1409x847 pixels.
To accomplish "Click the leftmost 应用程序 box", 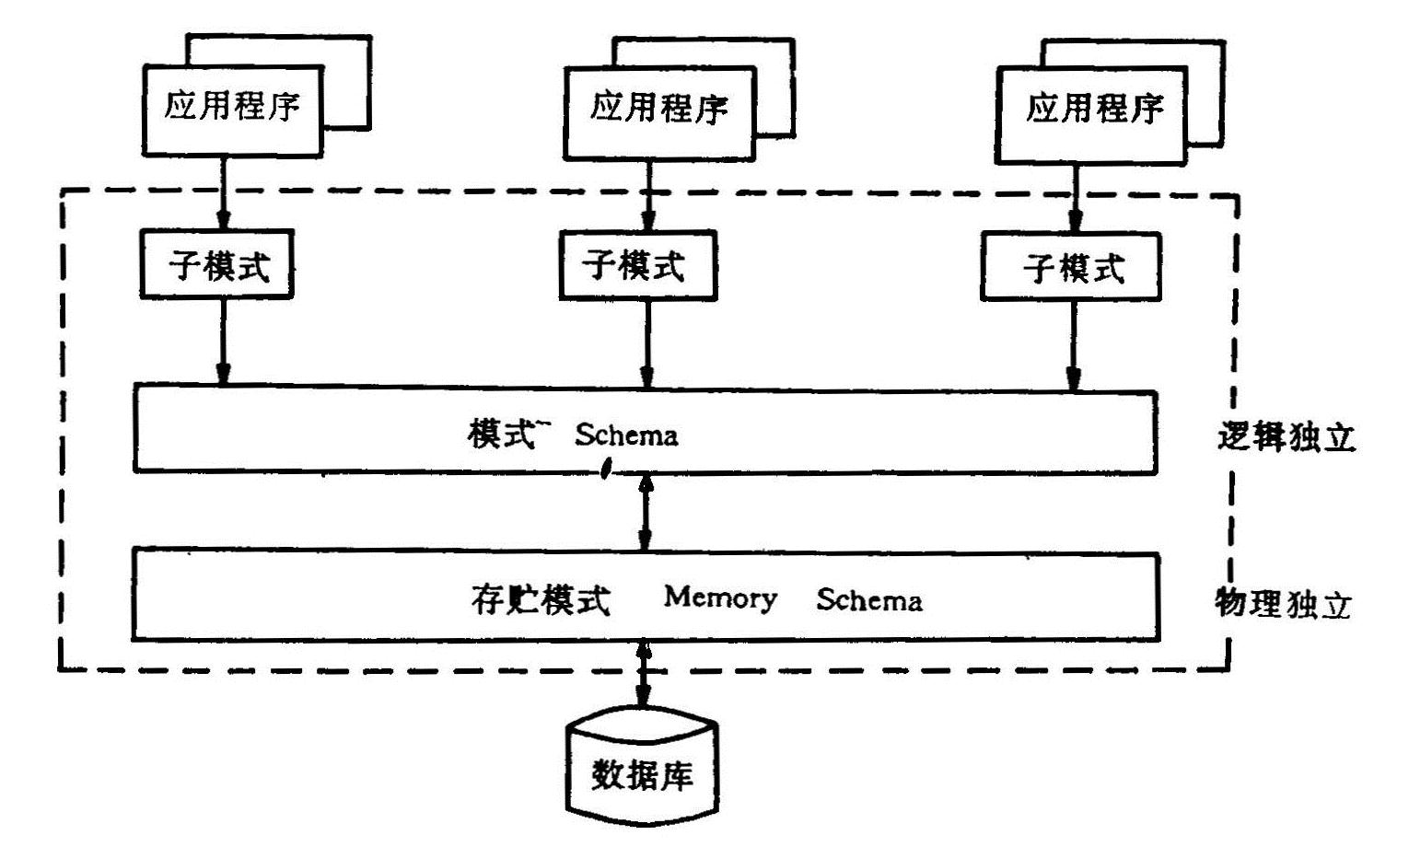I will coord(232,109).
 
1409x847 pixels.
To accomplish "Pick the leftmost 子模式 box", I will coord(217,265).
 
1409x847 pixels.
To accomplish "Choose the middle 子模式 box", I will coord(635,265).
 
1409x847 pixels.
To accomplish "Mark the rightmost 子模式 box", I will coord(1071,268).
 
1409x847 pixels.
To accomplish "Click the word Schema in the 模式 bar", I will coord(626,435).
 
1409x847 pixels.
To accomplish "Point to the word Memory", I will coord(720,598).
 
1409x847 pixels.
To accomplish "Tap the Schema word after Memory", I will coord(868,600).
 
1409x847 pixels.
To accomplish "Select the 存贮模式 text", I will coord(541,600).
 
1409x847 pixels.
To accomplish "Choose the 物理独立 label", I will coord(1283,604).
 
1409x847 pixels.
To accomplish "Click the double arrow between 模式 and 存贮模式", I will coord(646,513).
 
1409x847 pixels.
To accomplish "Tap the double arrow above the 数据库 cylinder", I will coord(642,675).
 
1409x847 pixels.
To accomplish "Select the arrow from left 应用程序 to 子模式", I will coord(223,193).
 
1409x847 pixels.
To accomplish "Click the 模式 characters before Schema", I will coord(499,434).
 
